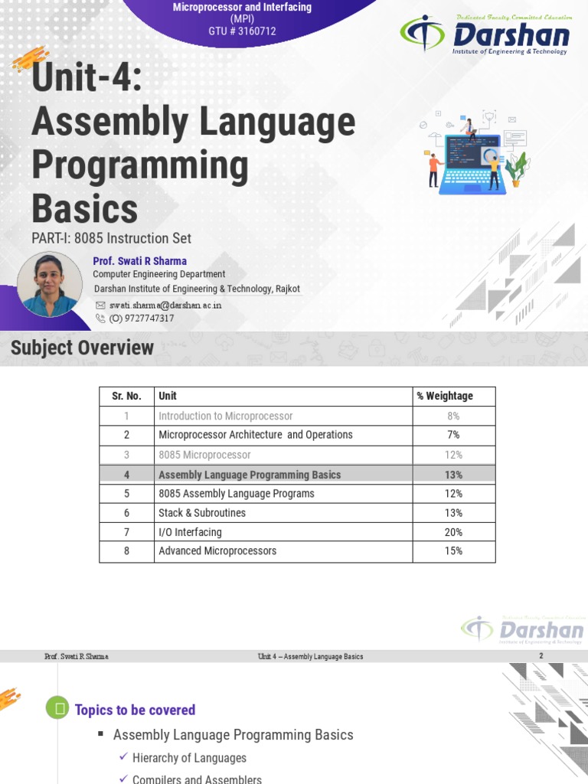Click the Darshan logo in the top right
pos(485,35)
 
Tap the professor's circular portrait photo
pos(49,284)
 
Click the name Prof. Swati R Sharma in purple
pos(139,260)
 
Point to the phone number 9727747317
pos(142,318)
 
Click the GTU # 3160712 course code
pos(242,31)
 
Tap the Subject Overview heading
pos(82,348)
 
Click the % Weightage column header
pos(445,396)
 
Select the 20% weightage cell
pos(453,532)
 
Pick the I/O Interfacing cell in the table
pos(190,532)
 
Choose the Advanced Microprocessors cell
pos(217,551)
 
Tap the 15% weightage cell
pos(453,551)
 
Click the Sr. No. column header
pos(126,396)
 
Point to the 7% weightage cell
pos(453,435)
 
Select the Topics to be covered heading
pos(135,710)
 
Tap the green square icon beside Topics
pos(57,709)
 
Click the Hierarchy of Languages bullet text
pos(189,758)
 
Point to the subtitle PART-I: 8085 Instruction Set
pos(111,238)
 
